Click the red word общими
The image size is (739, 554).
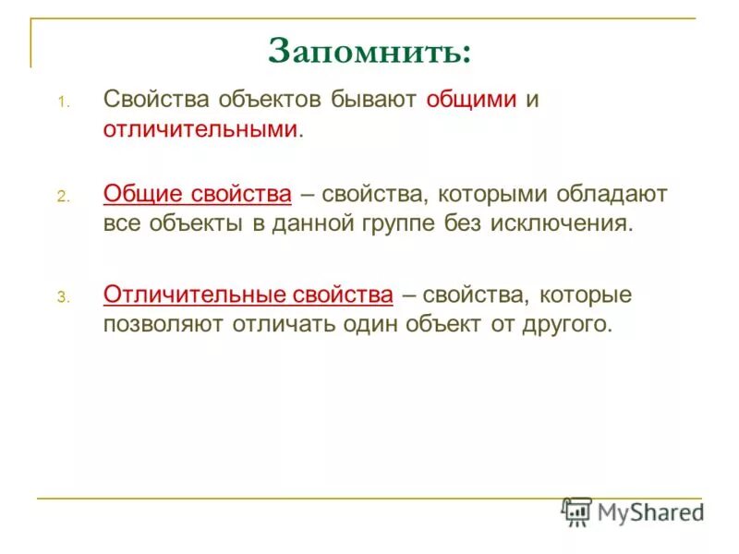[x=471, y=101]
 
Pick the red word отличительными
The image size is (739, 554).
[x=200, y=129]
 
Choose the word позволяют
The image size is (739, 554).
[x=162, y=325]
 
